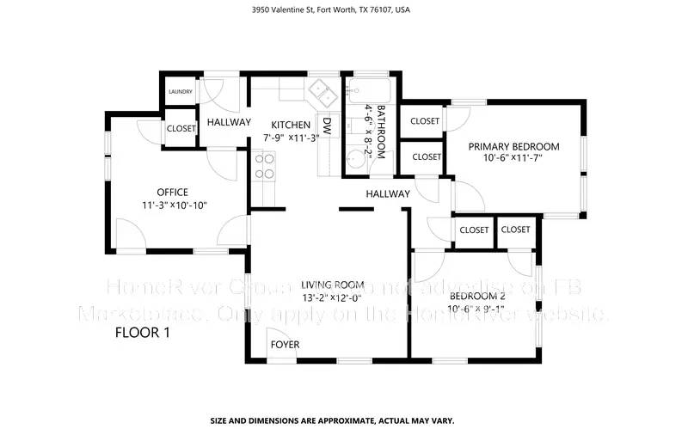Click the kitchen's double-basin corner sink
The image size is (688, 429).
[x=322, y=89]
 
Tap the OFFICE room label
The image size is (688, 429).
[x=172, y=192]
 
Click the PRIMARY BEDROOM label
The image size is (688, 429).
[x=513, y=146]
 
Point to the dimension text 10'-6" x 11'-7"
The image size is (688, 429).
[x=513, y=158]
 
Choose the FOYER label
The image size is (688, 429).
[x=285, y=345]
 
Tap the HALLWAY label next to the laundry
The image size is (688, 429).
[x=229, y=123]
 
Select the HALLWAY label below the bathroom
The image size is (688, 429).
[x=388, y=194]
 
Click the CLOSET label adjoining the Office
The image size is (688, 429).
[x=181, y=128]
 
